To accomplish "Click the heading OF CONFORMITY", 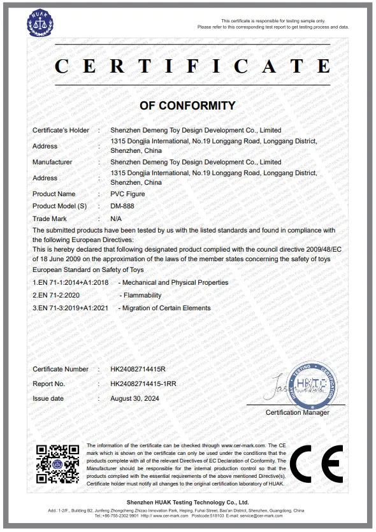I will coord(187,106).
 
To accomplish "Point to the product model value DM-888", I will coord(121,206).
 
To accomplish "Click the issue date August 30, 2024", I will coord(134,398).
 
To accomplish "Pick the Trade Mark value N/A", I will coord(116,218).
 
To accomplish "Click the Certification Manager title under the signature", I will coord(298,413).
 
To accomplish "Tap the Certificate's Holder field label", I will coord(61,130).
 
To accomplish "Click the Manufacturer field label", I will coord(52,162).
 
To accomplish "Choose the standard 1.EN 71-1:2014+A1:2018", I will coord(71,282).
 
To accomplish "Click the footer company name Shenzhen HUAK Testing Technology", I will coord(187,503).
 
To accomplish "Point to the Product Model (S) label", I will coord(59,206).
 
